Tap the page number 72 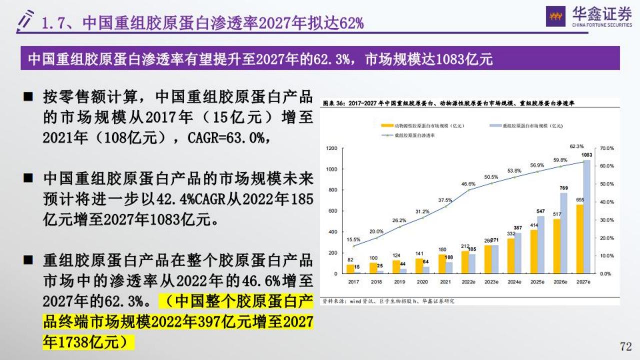(x=625, y=346)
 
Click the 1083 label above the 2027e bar (x=586, y=155)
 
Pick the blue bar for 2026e (x=563, y=233)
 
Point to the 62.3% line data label (x=576, y=146)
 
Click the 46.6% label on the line (x=468, y=184)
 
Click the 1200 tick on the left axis (x=331, y=148)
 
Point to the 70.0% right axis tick (x=606, y=148)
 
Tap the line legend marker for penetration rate (x=386, y=135)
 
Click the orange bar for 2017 (x=349, y=269)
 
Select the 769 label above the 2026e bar (x=563, y=188)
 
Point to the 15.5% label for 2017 (x=353, y=239)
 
